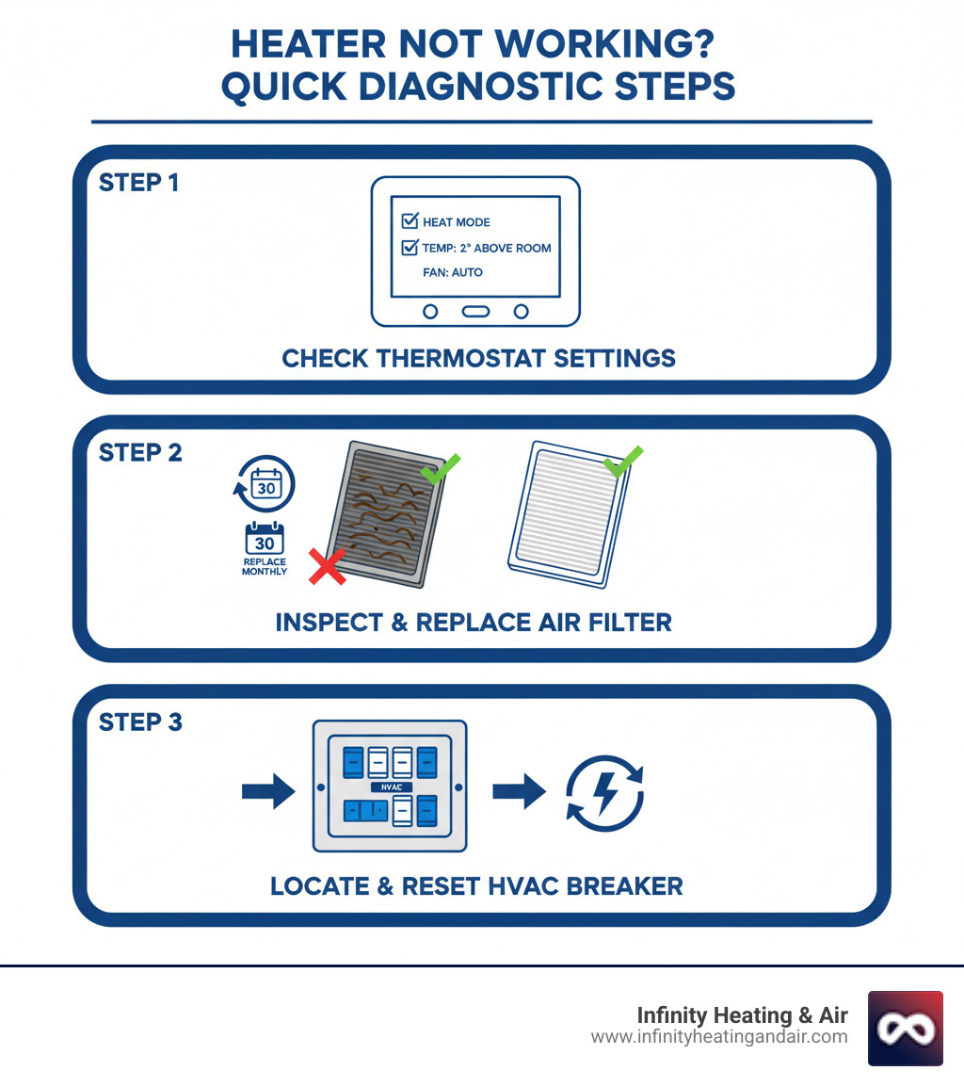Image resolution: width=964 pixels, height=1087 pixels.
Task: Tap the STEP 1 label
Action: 138,183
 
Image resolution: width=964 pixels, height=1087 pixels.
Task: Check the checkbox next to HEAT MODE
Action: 410,221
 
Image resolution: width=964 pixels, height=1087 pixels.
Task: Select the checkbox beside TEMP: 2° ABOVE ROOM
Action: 410,248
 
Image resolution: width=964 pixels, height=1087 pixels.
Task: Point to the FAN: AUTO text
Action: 453,272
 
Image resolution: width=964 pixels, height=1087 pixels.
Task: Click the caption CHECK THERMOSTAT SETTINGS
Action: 478,358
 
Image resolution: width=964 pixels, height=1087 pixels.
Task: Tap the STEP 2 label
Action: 140,452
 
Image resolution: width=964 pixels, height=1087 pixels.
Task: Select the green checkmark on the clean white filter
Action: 622,461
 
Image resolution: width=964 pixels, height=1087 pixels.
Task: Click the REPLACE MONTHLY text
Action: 264,566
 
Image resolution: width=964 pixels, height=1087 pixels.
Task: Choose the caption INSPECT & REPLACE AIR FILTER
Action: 474,623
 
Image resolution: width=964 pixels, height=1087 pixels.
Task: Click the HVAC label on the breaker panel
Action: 388,787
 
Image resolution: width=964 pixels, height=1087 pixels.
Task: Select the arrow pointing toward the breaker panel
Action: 268,791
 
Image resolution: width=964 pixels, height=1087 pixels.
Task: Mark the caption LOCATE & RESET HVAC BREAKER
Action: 476,886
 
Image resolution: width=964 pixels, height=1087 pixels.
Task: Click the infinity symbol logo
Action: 905,1028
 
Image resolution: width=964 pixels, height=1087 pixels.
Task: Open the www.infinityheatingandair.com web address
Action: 719,1037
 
